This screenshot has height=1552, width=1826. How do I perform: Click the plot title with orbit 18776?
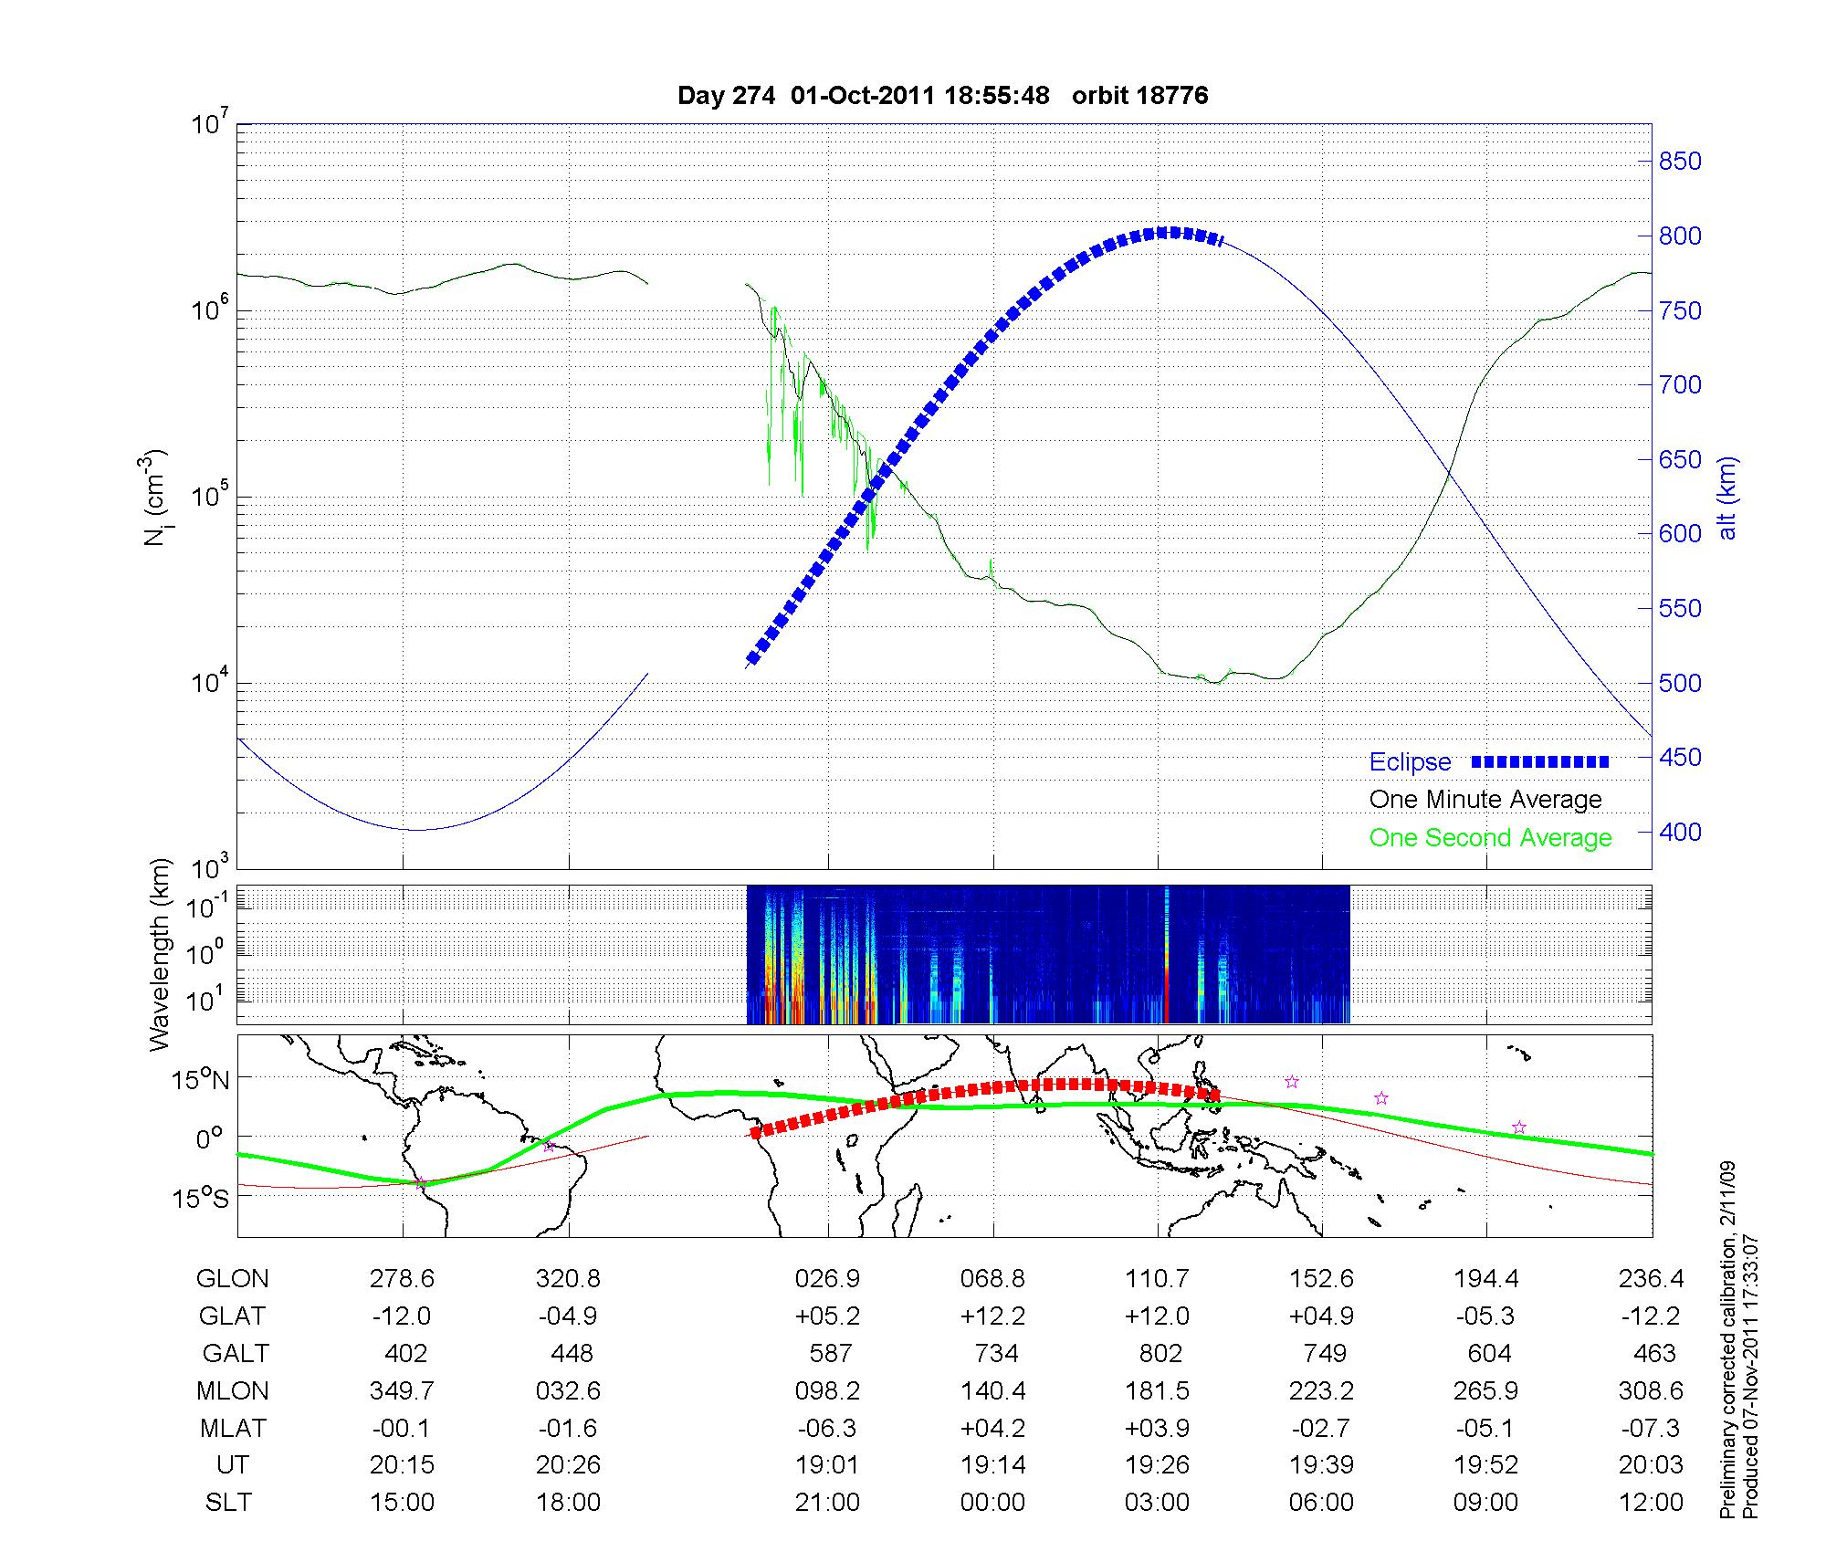click(x=942, y=96)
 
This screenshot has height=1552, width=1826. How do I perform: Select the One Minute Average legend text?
click(x=1485, y=800)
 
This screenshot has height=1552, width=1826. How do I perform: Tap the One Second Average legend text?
click(x=1490, y=838)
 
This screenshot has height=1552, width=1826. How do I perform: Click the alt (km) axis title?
click(x=1728, y=498)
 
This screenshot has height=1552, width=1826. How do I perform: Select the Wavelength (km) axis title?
click(x=160, y=955)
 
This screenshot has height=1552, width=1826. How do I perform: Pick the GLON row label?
click(x=233, y=1279)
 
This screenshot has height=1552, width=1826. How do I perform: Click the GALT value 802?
click(x=1160, y=1353)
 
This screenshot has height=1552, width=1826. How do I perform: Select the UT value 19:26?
click(x=1158, y=1465)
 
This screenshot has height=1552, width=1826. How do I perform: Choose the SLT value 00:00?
click(x=992, y=1503)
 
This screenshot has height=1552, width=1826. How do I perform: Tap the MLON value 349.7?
click(x=402, y=1391)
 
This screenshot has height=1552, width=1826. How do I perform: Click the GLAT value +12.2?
click(x=992, y=1316)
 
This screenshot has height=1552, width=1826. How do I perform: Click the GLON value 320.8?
click(x=568, y=1279)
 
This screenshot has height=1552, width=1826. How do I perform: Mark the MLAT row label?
click(x=233, y=1428)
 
